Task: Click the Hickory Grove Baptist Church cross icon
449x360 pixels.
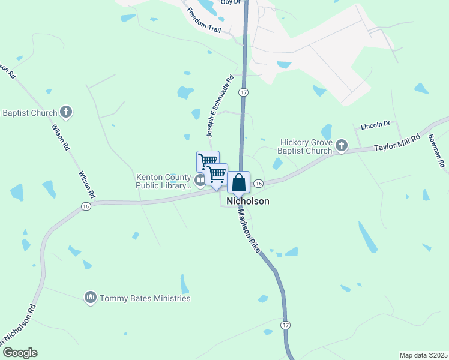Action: [342, 145]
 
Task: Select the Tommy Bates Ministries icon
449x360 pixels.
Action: [91, 298]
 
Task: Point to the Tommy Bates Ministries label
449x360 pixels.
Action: [145, 298]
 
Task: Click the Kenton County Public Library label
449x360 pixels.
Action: [164, 181]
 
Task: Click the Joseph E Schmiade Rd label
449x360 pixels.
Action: [220, 107]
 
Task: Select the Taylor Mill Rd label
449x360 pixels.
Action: [397, 142]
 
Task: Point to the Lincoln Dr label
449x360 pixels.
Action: [375, 125]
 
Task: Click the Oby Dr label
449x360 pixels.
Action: [230, 2]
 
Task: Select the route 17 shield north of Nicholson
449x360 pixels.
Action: [243, 92]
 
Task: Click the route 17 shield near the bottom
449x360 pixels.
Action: [285, 324]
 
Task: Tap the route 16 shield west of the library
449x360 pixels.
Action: [86, 206]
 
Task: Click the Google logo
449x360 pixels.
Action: [20, 353]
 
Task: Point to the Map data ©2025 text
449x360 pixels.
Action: [423, 355]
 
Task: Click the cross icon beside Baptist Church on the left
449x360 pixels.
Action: [66, 112]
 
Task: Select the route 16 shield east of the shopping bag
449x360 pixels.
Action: [258, 183]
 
